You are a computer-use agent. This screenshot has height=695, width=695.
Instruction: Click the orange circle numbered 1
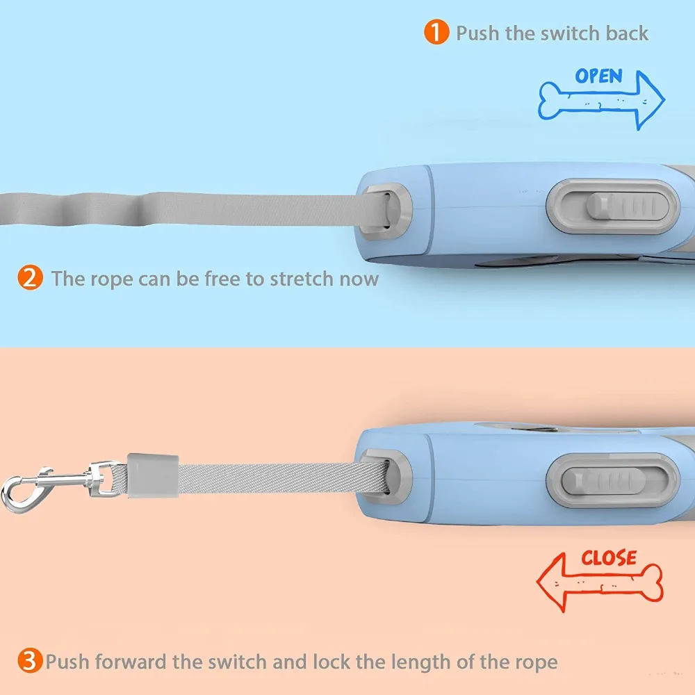pos(436,32)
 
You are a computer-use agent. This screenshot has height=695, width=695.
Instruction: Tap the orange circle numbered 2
pos(30,278)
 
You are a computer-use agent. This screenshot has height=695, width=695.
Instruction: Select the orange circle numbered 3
pos(30,660)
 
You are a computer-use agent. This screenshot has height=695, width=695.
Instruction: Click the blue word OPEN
pos(599,76)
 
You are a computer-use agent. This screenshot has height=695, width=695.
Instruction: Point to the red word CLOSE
pos(609,558)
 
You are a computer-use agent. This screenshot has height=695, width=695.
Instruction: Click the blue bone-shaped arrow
pos(601,101)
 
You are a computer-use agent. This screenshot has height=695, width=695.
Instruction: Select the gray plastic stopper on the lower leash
pos(153,475)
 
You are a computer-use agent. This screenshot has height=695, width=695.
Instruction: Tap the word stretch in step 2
pos(302,279)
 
